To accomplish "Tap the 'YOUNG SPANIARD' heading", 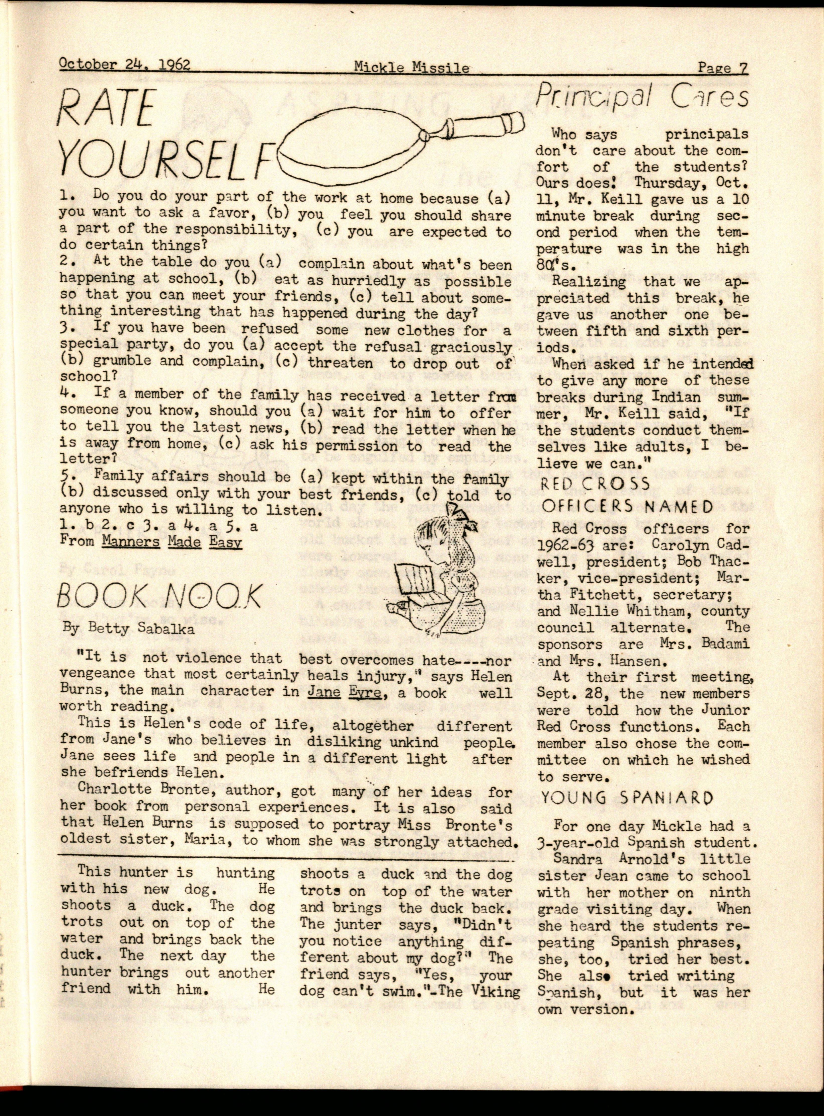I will pyautogui.click(x=627, y=798).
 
